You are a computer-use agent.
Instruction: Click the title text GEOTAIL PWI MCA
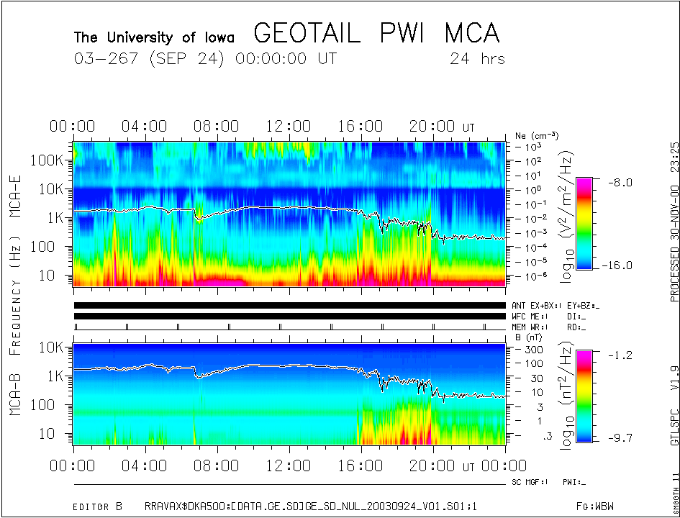pos(376,34)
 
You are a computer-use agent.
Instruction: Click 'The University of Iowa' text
pos(155,37)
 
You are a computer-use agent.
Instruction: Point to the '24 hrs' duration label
pos(476,59)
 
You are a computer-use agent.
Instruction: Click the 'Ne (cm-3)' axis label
pos(537,135)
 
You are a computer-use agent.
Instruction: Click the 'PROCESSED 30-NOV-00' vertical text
pos(674,245)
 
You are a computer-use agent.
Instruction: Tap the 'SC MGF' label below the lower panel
pos(530,481)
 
